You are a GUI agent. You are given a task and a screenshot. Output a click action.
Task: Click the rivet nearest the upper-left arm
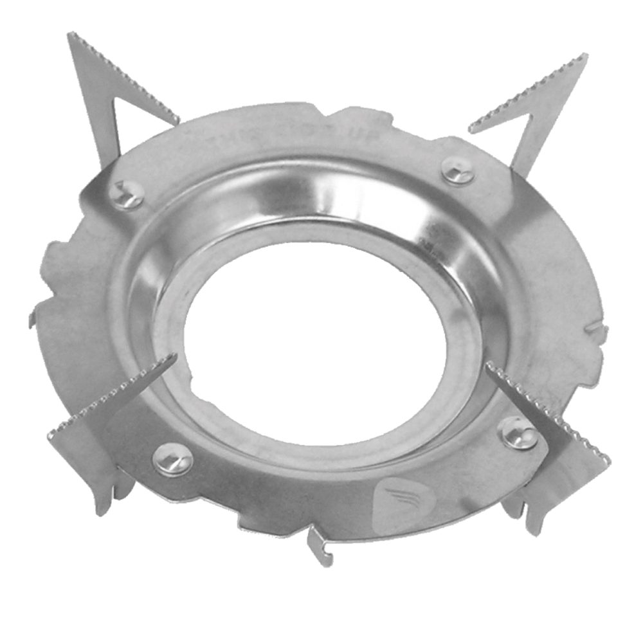click(126, 195)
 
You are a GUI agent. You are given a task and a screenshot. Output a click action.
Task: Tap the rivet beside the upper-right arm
click(458, 170)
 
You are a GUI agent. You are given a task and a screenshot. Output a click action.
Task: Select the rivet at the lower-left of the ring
click(172, 459)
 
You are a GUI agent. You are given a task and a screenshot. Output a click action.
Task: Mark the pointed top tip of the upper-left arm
click(70, 36)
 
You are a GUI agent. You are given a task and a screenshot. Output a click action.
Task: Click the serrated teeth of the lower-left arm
click(109, 392)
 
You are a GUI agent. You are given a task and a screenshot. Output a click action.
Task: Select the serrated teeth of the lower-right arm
click(553, 412)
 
